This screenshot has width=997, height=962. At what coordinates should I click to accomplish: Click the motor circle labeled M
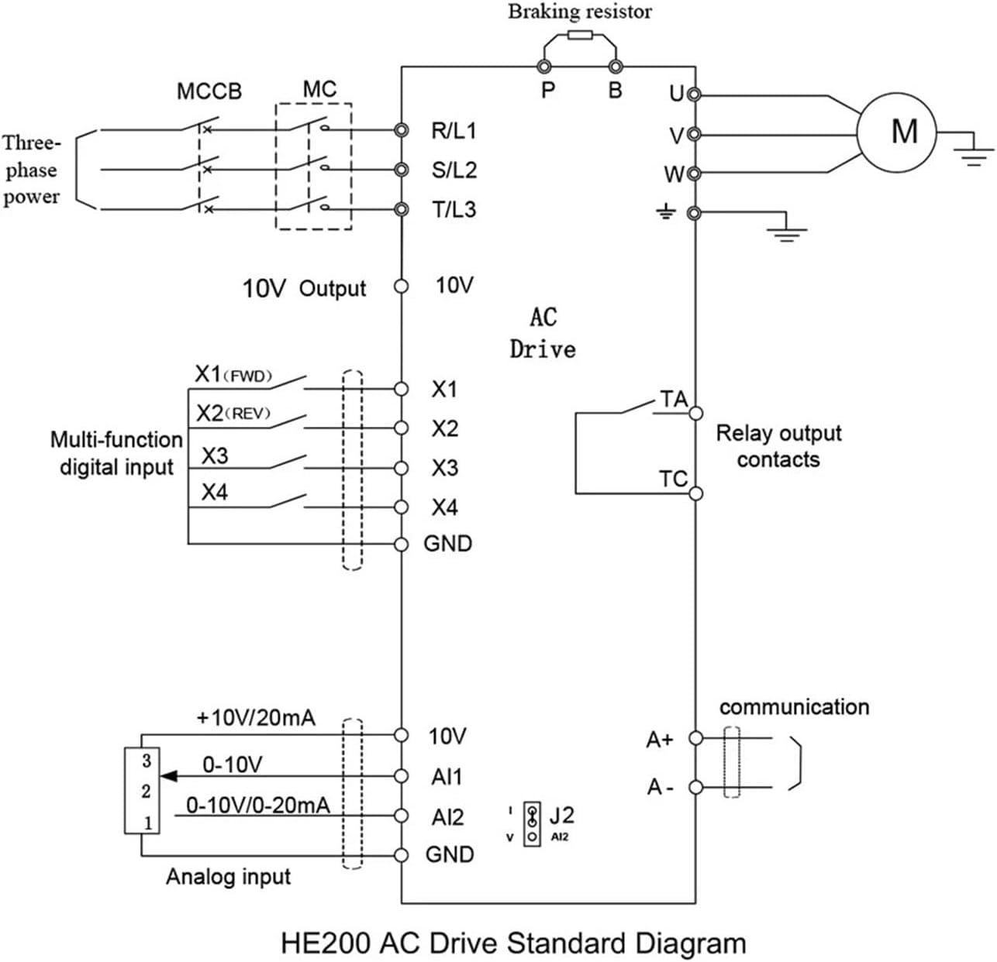(896, 132)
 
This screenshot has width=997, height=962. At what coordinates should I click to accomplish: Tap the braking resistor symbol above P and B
(580, 35)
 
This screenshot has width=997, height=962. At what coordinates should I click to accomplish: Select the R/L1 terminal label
(454, 130)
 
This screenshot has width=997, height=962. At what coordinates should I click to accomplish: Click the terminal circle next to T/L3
(401, 209)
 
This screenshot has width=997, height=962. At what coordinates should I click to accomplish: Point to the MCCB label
(209, 91)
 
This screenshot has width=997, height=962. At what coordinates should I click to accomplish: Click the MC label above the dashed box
(319, 89)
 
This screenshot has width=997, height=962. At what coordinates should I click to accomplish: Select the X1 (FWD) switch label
(233, 376)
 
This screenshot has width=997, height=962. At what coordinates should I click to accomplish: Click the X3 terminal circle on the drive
(401, 468)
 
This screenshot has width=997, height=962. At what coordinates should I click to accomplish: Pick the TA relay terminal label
(673, 400)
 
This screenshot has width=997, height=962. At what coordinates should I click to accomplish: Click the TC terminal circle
(695, 493)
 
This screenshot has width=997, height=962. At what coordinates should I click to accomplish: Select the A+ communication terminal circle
(695, 738)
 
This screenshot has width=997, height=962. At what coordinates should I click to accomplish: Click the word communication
(794, 706)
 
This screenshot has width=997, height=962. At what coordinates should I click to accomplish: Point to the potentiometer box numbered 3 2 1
(142, 791)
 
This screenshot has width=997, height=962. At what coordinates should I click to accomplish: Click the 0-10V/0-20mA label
(257, 806)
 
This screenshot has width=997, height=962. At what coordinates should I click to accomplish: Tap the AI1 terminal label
(447, 776)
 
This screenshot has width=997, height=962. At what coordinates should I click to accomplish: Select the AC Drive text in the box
(543, 333)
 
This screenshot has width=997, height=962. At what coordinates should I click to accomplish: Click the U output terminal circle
(695, 94)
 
